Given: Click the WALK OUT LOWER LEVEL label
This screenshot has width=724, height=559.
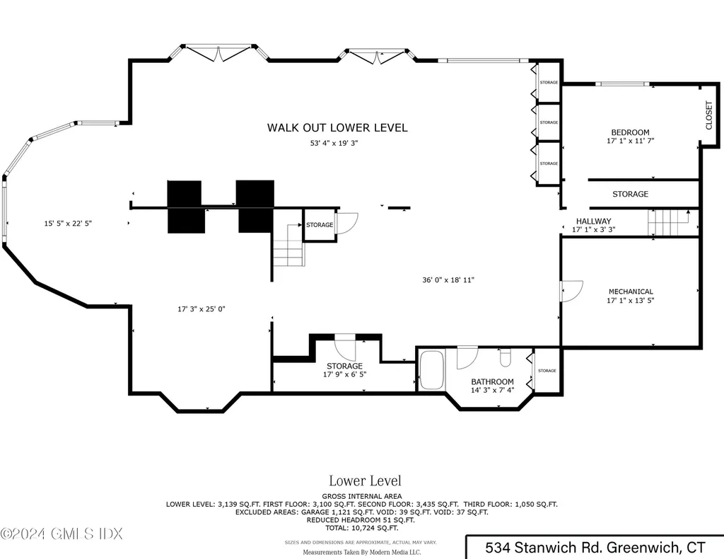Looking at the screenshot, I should coord(337,128).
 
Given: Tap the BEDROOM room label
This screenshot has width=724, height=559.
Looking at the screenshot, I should coord(629,132).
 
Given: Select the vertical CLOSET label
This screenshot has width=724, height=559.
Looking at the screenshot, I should coord(709,115).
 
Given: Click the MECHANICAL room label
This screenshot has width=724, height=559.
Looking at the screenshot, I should coord(631,292).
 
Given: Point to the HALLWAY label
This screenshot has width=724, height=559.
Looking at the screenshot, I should coord(593,221).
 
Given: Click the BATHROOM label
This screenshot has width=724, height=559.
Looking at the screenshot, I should coord(493,382).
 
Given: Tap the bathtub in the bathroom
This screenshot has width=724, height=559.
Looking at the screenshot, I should coord(431,370).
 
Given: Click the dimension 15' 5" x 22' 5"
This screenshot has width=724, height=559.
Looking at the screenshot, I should coord(68,224).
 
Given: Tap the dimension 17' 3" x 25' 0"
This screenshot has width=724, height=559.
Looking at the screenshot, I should coord(201,309).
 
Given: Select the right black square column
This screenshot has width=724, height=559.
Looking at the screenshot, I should coord(255,206).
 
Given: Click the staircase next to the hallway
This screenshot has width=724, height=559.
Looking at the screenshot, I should coord(668,223).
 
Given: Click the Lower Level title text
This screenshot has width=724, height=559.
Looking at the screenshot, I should coord(365,482).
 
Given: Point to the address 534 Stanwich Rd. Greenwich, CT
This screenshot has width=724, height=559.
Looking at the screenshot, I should coord(595,547).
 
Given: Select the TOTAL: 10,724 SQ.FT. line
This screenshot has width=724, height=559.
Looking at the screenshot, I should coord(361,528).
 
